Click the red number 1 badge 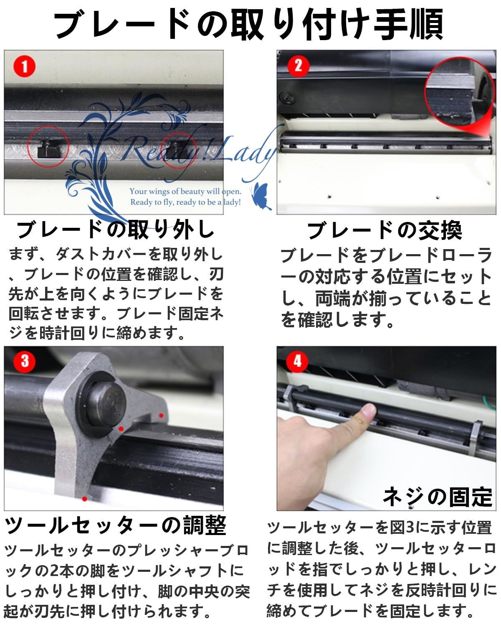click(x=25, y=66)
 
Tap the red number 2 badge click(x=299, y=66)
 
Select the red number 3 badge click(x=25, y=362)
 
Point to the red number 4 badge click(x=297, y=362)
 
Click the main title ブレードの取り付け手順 click(x=249, y=23)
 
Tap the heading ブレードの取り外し click(x=116, y=230)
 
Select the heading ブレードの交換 click(x=385, y=230)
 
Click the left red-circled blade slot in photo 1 click(x=48, y=147)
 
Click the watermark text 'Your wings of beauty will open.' click(x=185, y=191)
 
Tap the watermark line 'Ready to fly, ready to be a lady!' click(x=185, y=202)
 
